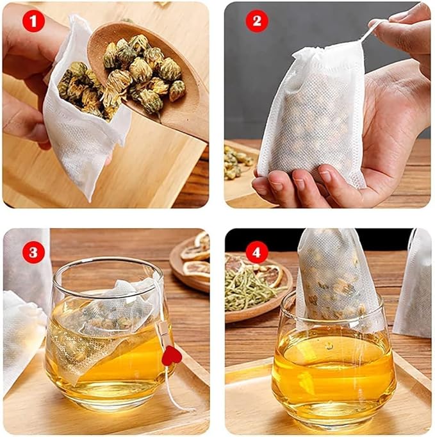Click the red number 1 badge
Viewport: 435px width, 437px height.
33,21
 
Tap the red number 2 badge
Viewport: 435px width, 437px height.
257,21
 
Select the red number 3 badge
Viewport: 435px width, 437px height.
33,252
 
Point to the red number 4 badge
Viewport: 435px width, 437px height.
257,252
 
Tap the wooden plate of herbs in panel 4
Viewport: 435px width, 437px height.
256,288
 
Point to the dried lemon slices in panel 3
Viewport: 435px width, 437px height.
195,256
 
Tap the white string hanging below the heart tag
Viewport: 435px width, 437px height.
176,391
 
